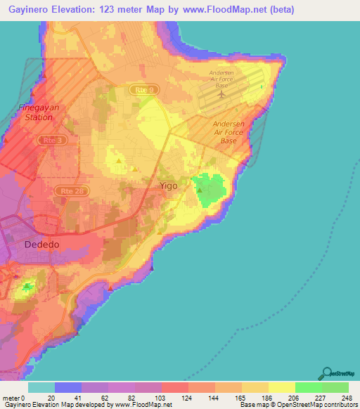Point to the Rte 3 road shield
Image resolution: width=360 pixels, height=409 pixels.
click(50, 140)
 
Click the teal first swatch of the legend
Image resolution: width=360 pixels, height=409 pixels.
click(41, 387)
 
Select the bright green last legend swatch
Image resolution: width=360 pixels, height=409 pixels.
click(335, 387)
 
